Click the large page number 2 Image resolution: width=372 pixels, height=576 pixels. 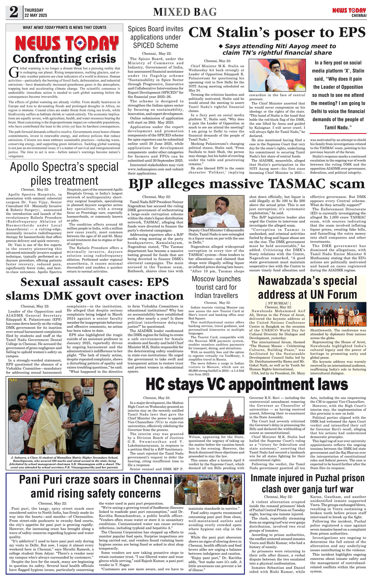tap(14, 12)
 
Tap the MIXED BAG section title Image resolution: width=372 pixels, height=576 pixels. tap(185, 12)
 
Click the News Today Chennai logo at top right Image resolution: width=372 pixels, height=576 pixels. tap(349, 12)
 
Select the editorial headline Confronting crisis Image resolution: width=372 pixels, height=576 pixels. tap(64, 59)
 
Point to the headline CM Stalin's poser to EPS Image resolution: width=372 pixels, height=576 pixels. tap(277, 33)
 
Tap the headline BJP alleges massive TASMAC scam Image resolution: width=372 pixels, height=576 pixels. tap(247, 184)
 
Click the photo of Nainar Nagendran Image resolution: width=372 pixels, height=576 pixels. tap(216, 211)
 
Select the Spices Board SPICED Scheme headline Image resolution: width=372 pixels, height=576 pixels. tap(155, 37)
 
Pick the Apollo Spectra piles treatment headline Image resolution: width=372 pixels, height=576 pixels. tap(64, 173)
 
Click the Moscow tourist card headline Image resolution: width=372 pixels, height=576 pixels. tap(216, 287)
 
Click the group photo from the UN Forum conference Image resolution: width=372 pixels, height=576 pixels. tap(337, 314)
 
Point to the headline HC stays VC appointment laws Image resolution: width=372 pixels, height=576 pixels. tap(247, 384)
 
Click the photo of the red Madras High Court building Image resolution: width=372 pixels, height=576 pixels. tap(216, 417)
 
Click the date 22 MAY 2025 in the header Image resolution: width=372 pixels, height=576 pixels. tap(36, 15)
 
